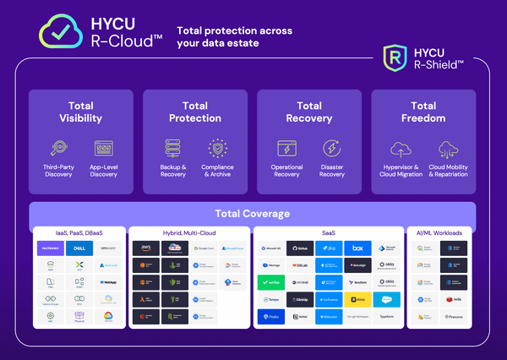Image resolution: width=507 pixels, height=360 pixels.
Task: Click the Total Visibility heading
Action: pyautogui.click(x=81, y=112)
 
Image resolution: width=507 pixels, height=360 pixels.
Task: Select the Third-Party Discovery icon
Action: pyautogui.click(x=58, y=149)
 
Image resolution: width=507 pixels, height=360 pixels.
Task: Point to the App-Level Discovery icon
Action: pyautogui.click(x=104, y=149)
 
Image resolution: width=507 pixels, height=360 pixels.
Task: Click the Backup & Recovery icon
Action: pyautogui.click(x=173, y=149)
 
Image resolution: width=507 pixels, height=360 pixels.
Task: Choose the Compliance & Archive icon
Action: pyautogui.click(x=218, y=149)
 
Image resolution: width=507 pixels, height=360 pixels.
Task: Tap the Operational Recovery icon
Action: pyautogui.click(x=287, y=149)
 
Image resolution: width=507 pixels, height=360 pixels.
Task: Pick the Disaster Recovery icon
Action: pyautogui.click(x=332, y=149)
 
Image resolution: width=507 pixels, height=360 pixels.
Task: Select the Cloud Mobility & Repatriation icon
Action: pyautogui.click(x=447, y=149)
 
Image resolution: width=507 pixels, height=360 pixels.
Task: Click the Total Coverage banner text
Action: pyautogui.click(x=253, y=214)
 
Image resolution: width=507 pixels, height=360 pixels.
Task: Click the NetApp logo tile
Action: pyautogui.click(x=109, y=282)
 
